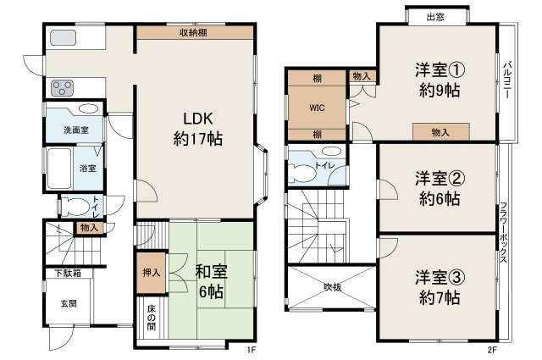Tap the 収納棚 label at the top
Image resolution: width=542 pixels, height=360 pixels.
[x=194, y=32]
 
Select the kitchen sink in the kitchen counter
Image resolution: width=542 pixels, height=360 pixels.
[x=63, y=38]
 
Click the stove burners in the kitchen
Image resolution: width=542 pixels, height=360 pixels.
[x=63, y=86]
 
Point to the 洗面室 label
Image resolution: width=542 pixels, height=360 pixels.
[x=72, y=130]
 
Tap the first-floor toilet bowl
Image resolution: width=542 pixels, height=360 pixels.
[x=75, y=205]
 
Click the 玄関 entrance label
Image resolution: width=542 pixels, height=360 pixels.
[x=69, y=304]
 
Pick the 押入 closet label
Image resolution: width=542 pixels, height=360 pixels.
[x=149, y=273]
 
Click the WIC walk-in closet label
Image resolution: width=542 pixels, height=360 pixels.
[x=317, y=108]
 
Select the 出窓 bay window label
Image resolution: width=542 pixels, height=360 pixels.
[x=435, y=16]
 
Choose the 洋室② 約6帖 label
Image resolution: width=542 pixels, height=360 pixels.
[x=437, y=189]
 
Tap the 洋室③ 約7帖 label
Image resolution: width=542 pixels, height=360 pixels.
[x=437, y=287]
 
